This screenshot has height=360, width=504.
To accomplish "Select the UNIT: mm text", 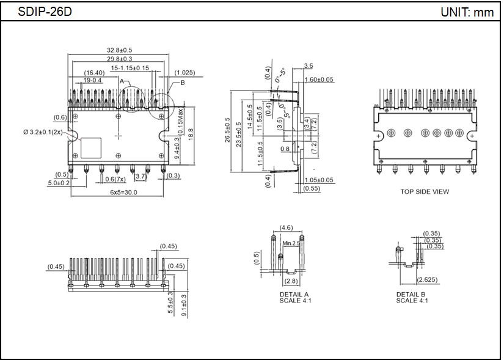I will pos(467,12).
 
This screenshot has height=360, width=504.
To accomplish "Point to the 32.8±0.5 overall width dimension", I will pos(120,50).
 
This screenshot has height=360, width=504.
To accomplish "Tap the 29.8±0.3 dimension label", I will pos(120,59).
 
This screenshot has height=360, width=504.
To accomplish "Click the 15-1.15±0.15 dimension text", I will pos(130,68).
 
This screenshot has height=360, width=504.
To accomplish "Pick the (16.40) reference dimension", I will pos(95,73).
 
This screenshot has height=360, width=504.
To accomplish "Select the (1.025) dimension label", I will pos(184,73).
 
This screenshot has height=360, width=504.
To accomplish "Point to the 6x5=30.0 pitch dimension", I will pos(119,192).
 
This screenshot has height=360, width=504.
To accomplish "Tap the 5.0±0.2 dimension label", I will pos(60,183).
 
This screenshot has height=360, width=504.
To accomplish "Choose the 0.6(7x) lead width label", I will pos(115,178).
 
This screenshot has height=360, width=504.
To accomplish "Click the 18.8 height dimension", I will pos(191,131).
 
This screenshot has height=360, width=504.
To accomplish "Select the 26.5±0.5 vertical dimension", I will pos(228,130).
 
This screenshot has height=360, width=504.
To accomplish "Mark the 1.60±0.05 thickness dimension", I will pos(319,80).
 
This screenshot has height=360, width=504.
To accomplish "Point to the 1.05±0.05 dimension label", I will pos(319,180).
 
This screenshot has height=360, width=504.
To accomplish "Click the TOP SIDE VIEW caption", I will pos(425,191).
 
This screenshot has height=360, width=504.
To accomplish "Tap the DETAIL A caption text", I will pos(290,295).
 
